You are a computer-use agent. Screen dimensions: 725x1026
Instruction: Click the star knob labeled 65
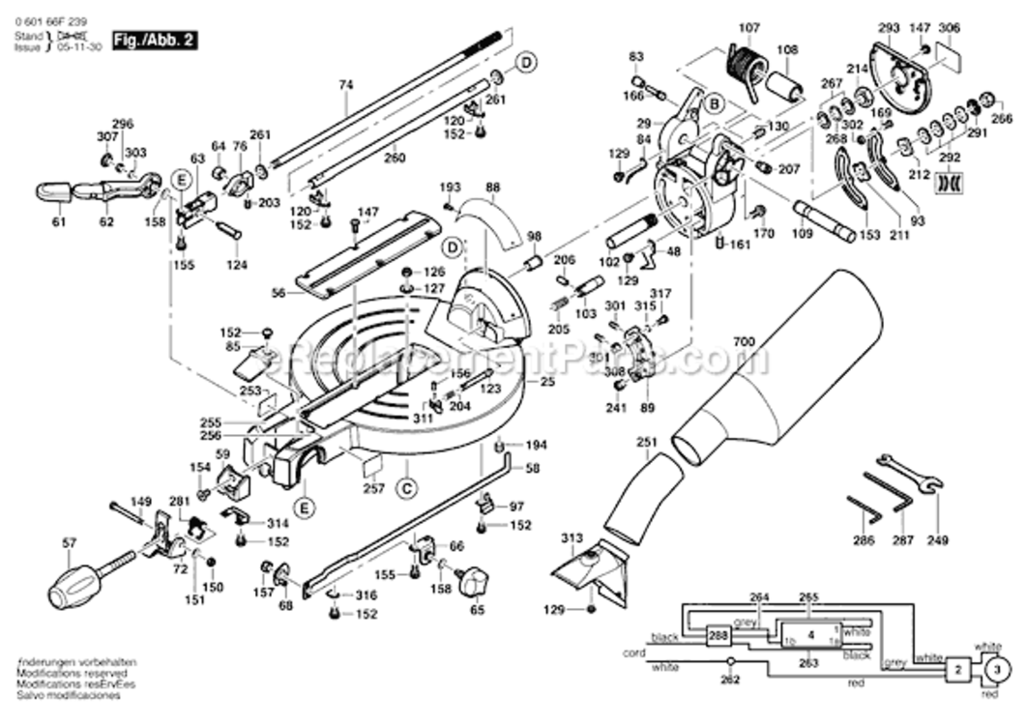(475, 582)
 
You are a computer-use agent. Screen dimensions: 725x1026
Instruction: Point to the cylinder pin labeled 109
(822, 219)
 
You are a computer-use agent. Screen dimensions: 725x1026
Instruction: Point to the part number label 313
(572, 538)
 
